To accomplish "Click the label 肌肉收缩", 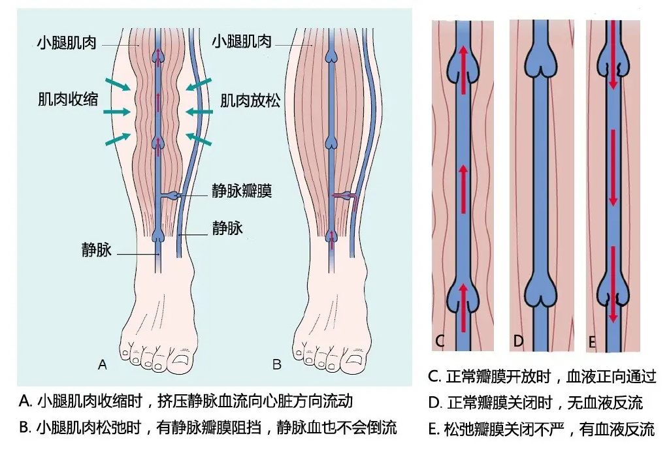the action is point(68,99).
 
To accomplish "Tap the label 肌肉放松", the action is point(250,101).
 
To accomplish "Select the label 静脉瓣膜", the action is point(242,191).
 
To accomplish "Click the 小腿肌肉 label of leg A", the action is point(67,42).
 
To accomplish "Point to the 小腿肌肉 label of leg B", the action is point(242,41).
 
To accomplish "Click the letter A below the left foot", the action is point(103,365).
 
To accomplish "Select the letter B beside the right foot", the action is point(277,365).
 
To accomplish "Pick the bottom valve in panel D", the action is point(540,290).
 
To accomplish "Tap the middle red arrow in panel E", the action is point(613,168).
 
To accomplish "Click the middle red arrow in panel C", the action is point(463,189).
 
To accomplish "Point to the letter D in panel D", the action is point(518,341).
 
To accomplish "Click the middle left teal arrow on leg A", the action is point(117,112).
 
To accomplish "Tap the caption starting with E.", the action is point(541,430).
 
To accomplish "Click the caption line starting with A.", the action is point(186,401).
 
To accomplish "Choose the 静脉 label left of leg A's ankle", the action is point(97,250).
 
